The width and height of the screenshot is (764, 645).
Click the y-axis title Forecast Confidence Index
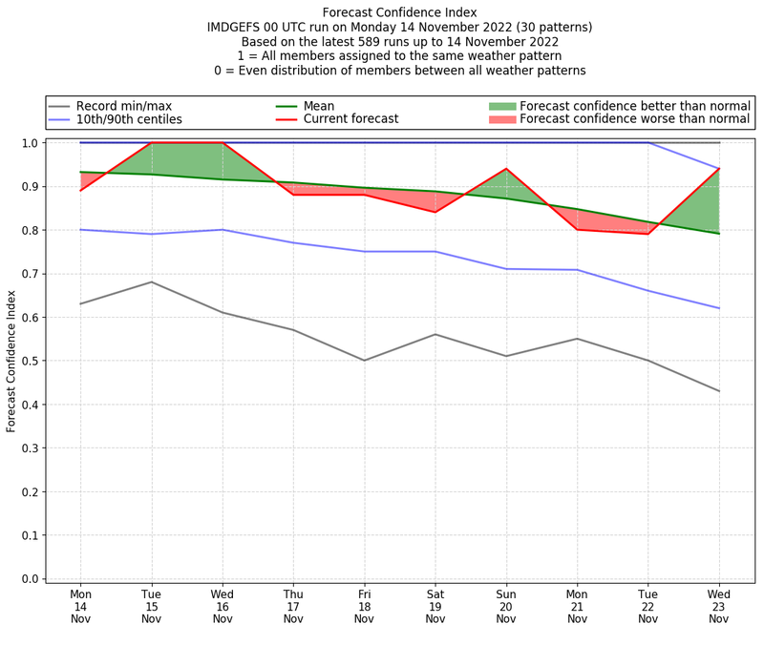[x=12, y=360]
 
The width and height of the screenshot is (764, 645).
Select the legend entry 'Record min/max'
[x=124, y=106]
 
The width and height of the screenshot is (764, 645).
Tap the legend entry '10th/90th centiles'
[x=129, y=119]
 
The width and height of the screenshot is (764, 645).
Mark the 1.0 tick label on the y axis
[x=30, y=143]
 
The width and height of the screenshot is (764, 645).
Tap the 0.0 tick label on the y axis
[x=30, y=579]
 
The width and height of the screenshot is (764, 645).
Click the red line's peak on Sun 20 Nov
[x=506, y=169]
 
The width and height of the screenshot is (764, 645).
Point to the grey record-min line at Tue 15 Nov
[x=152, y=281]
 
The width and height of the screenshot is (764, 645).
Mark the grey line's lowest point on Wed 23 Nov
[x=718, y=391]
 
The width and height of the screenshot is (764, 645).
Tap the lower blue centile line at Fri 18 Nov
[x=364, y=251]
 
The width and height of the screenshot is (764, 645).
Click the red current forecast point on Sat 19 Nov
[x=435, y=212]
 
